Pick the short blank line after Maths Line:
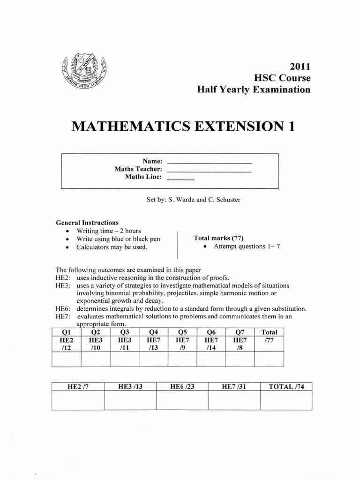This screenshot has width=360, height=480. pos(180,179)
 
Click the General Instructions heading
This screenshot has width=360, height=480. pos(87,223)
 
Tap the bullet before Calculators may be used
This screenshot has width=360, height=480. pos(69,247)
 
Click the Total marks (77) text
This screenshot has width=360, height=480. pos(219,238)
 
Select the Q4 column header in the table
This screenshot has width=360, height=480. pos(154,332)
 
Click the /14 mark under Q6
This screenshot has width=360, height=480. pos(211,347)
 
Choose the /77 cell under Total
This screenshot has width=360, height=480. pos(269,340)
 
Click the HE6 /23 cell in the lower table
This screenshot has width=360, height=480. pos(182,387)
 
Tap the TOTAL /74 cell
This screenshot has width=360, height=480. pos(286,387)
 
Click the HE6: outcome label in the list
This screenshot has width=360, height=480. pos(63,309)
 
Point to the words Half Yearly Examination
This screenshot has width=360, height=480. pos(254,90)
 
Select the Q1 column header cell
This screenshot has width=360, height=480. pos(66,332)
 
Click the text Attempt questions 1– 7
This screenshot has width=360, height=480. pos(247,247)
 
